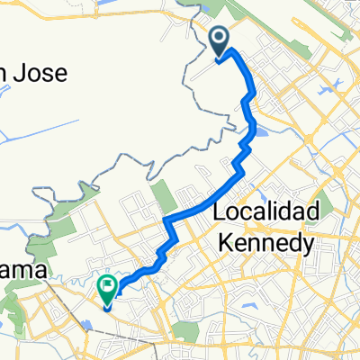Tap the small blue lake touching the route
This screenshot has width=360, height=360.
259,134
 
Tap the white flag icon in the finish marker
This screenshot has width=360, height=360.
107,288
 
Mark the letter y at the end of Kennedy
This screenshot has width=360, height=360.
307,246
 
